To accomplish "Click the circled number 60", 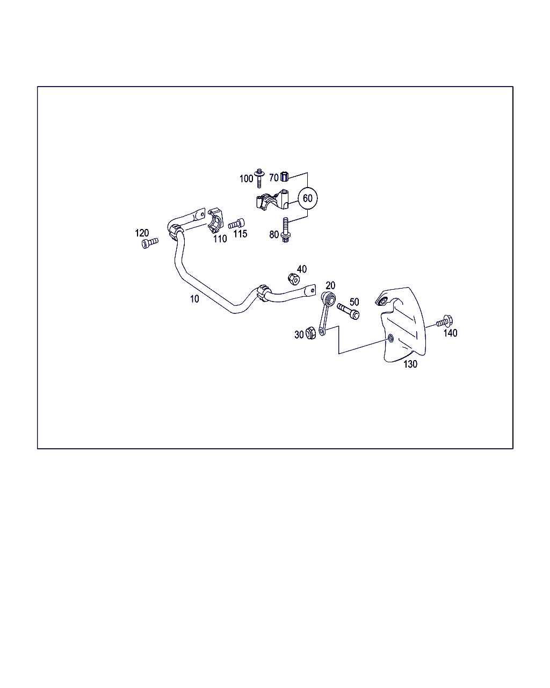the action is [x=307, y=198].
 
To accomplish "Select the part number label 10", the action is [x=194, y=299].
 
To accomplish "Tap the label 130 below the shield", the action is [x=410, y=364].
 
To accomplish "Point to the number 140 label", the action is [x=450, y=333].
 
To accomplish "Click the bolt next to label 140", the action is [x=445, y=321].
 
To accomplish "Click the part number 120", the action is [x=142, y=233].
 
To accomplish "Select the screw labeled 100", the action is [x=259, y=178].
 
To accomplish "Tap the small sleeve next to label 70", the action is [x=284, y=176].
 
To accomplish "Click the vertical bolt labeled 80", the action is [x=285, y=230].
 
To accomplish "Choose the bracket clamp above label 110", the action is [x=216, y=220].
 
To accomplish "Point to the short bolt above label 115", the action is [x=237, y=224].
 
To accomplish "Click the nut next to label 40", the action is [x=294, y=279].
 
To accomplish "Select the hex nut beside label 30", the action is [x=310, y=333].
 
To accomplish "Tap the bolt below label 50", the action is [x=349, y=311].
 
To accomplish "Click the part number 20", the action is [x=330, y=285].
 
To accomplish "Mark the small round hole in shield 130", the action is [x=390, y=338].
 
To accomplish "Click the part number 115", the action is [x=240, y=234].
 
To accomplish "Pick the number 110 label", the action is [x=220, y=239].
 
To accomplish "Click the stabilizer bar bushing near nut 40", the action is [x=263, y=293].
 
